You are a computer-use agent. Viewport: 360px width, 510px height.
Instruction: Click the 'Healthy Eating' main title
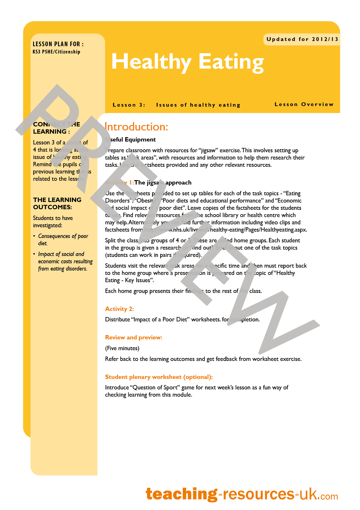187,62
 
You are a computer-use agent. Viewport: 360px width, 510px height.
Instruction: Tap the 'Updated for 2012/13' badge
302,39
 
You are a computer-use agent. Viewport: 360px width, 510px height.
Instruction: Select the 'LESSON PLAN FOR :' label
58,44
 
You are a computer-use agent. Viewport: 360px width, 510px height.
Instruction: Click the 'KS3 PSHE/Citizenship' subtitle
56,52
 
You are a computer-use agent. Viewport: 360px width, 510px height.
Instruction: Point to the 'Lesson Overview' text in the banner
304,104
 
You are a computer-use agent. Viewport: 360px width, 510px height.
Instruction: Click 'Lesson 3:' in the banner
129,105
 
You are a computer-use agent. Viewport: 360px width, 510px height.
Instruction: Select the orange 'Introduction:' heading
136,127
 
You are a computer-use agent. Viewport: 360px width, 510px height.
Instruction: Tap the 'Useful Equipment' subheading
131,139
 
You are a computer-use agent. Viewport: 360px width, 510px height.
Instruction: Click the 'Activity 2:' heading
119,309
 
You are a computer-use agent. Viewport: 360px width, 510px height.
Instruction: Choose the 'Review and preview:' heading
134,337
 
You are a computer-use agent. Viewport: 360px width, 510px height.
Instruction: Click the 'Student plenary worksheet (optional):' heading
159,377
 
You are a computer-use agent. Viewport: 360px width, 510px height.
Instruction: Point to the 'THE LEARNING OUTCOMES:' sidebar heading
57,203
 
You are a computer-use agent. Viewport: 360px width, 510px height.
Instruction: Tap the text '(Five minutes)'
122,348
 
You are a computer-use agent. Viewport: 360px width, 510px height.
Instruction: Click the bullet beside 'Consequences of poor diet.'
34,236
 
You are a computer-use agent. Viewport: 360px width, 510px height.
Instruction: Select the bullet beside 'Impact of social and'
34,254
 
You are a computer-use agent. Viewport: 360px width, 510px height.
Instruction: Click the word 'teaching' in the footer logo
181,494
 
